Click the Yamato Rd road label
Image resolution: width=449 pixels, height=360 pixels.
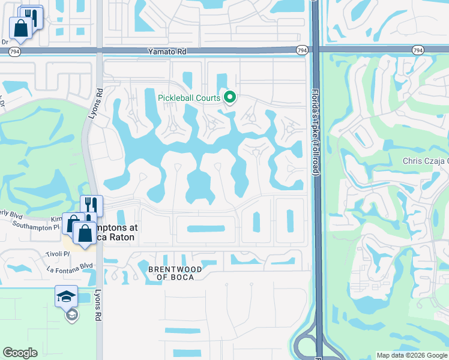click(167, 52)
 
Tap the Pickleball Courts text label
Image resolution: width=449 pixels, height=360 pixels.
click(188, 98)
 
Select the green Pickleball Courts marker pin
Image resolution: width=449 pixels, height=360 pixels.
click(229, 97)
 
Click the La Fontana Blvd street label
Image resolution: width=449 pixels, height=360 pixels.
click(70, 265)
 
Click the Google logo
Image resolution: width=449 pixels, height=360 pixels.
click(20, 353)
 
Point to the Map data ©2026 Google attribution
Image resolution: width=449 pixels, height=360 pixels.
click(411, 355)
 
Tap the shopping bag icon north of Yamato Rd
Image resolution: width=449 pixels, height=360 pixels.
click(20, 28)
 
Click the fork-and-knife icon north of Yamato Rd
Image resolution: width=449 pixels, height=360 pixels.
click(31, 17)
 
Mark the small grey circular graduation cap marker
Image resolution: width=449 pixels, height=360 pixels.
click(71, 315)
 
